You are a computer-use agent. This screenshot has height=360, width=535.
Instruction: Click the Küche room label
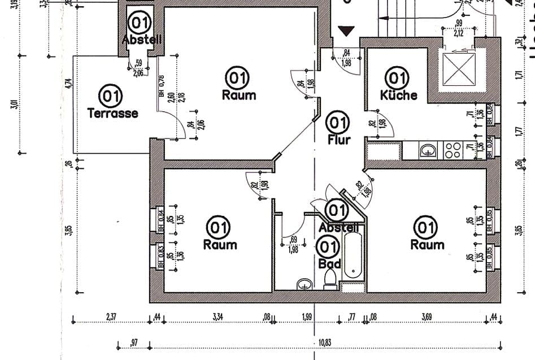coord(398,95)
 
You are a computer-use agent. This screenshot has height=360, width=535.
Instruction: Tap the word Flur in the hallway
coord(339,140)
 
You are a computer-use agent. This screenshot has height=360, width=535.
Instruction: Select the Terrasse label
coord(112,113)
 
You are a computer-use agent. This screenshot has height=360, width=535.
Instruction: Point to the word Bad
coord(329,264)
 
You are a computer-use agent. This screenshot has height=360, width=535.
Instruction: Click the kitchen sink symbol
coord(428,150)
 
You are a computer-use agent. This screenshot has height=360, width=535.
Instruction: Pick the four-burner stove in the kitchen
coord(453,150)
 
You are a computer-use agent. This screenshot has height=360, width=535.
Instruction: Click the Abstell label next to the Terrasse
coord(142,40)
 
